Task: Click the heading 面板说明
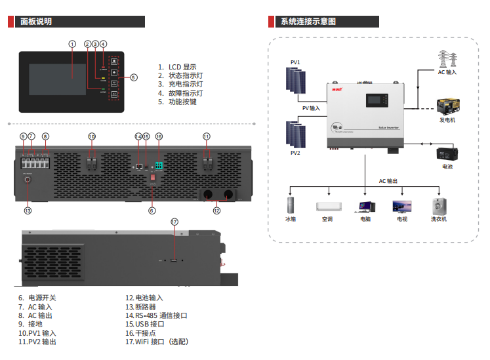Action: (36, 22)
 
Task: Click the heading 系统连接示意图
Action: (308, 22)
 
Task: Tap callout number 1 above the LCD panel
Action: (72, 44)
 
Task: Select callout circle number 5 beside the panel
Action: (134, 77)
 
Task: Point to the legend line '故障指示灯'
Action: (181, 93)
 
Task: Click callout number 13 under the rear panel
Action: (28, 210)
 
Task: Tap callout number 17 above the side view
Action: (174, 222)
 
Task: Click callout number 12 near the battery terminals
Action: (216, 210)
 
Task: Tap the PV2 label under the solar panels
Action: (295, 153)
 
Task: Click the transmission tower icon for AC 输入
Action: (447, 58)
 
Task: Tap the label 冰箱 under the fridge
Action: (291, 219)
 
